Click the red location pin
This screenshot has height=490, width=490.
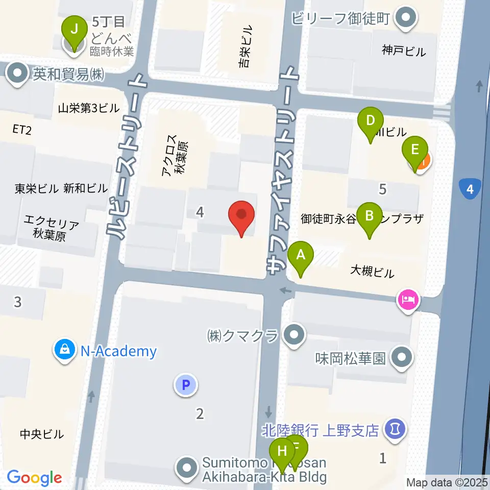242,218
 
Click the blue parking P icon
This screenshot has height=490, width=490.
186,385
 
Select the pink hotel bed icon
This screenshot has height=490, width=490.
409,299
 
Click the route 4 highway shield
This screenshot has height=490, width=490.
470,189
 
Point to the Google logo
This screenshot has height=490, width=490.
34,478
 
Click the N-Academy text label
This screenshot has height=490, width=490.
118,351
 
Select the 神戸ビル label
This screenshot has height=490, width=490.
403,51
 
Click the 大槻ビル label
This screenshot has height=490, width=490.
372,272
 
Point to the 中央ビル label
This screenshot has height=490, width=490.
42,434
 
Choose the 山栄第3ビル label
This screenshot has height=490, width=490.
88,108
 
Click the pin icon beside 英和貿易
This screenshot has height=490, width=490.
18,75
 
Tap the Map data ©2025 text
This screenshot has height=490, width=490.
447,482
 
